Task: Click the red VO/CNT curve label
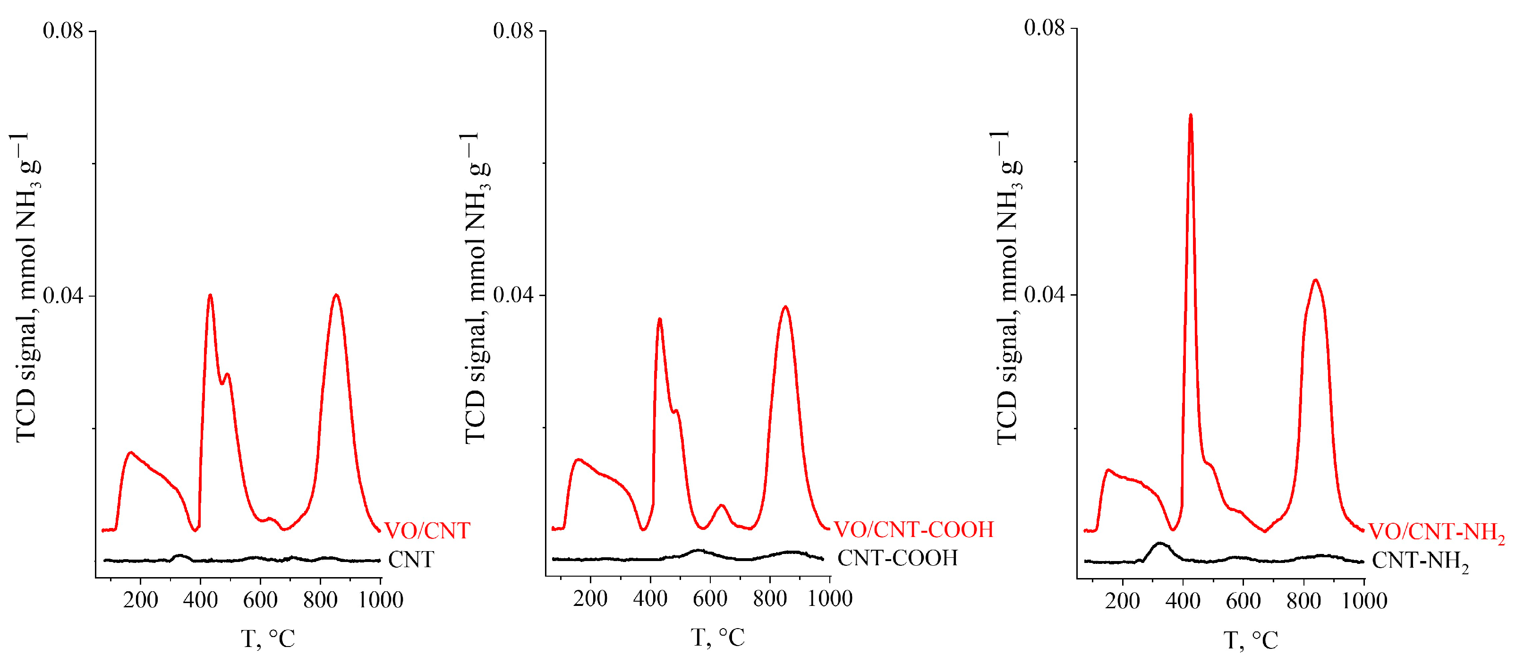pyautogui.click(x=427, y=531)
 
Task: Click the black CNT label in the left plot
pyautogui.click(x=411, y=559)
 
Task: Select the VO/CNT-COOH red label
pyautogui.click(x=913, y=530)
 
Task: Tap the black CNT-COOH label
pyautogui.click(x=897, y=557)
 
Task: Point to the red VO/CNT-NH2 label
pyautogui.click(x=1436, y=532)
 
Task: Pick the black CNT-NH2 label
pyautogui.click(x=1420, y=561)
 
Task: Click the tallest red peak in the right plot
pyautogui.click(x=1191, y=117)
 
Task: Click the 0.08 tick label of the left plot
pyautogui.click(x=63, y=31)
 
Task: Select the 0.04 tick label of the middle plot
pyautogui.click(x=513, y=294)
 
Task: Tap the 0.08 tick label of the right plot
pyautogui.click(x=1045, y=28)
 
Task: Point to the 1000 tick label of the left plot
pyautogui.click(x=381, y=600)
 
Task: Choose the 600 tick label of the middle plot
pyautogui.click(x=710, y=599)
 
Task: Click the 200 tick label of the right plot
pyautogui.click(x=1122, y=601)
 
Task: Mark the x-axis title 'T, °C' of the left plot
pyautogui.click(x=268, y=638)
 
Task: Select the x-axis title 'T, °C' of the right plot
pyautogui.click(x=1251, y=640)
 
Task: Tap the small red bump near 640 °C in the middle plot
pyautogui.click(x=722, y=506)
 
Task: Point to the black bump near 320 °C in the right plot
pyautogui.click(x=1159, y=545)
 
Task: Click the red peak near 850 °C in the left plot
pyautogui.click(x=336, y=296)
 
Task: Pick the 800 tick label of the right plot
pyautogui.click(x=1303, y=601)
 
